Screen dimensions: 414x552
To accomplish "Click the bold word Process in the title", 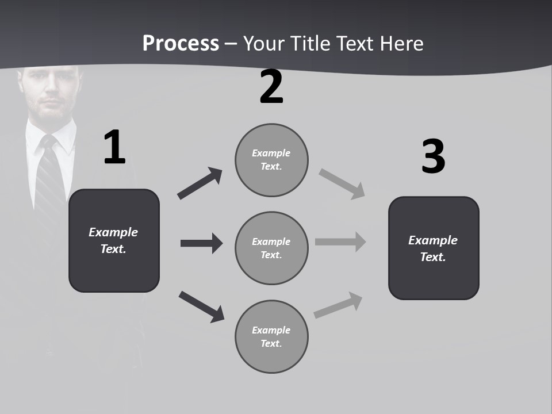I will click(181, 43).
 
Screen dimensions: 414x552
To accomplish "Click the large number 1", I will click(114, 148).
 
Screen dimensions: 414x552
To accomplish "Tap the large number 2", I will click(271, 87).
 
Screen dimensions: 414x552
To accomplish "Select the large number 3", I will click(433, 156).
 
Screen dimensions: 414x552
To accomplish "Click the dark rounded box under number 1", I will click(114, 240).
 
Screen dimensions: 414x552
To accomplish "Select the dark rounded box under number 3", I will click(434, 248).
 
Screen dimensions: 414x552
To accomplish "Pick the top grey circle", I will click(271, 160).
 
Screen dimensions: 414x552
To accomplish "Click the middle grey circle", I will click(271, 248).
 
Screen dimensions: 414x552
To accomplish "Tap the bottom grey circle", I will click(271, 336).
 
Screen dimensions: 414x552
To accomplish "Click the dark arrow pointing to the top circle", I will click(200, 183).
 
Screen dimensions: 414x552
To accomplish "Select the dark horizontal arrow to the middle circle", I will click(201, 243).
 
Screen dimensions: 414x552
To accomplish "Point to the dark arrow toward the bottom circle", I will click(201, 306).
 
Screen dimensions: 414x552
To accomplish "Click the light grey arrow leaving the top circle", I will click(342, 184).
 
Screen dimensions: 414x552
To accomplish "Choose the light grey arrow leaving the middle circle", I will click(340, 242).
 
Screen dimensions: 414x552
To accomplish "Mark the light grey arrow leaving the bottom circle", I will click(339, 305).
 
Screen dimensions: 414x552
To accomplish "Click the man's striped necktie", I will click(48, 172).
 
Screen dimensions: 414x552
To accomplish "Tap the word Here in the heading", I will click(402, 43).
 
